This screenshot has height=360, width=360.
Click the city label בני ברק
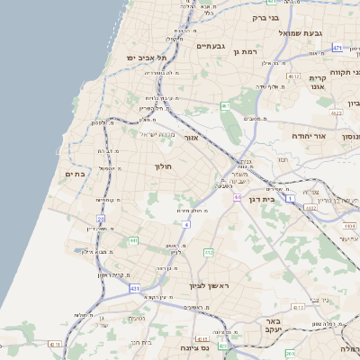265,17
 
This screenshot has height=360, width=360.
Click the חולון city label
163,166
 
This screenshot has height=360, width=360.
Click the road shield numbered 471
337,48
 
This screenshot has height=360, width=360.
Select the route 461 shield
226,106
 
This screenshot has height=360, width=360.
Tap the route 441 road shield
133,240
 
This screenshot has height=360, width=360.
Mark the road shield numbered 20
100,219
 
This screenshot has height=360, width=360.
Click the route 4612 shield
293,78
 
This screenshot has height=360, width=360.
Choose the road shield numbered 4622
336,113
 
